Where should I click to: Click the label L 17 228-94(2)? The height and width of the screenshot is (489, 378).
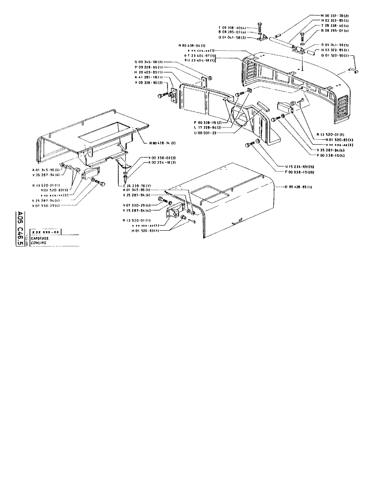point(204,127)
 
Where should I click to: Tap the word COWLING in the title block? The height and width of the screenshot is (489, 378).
point(39,243)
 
